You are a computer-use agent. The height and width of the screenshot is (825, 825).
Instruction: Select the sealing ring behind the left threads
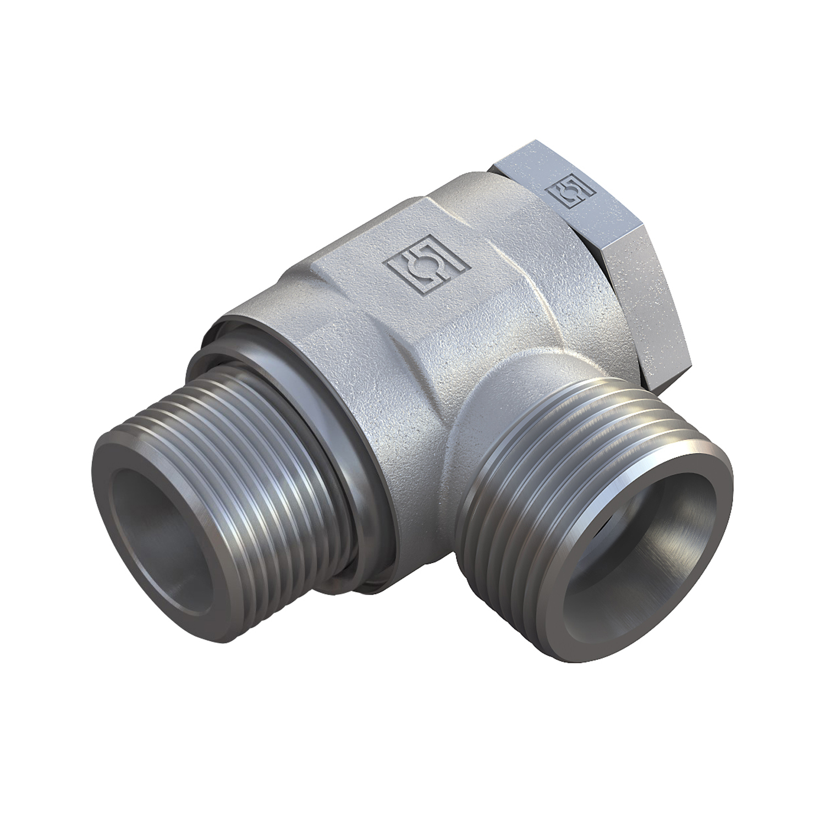(330, 424)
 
